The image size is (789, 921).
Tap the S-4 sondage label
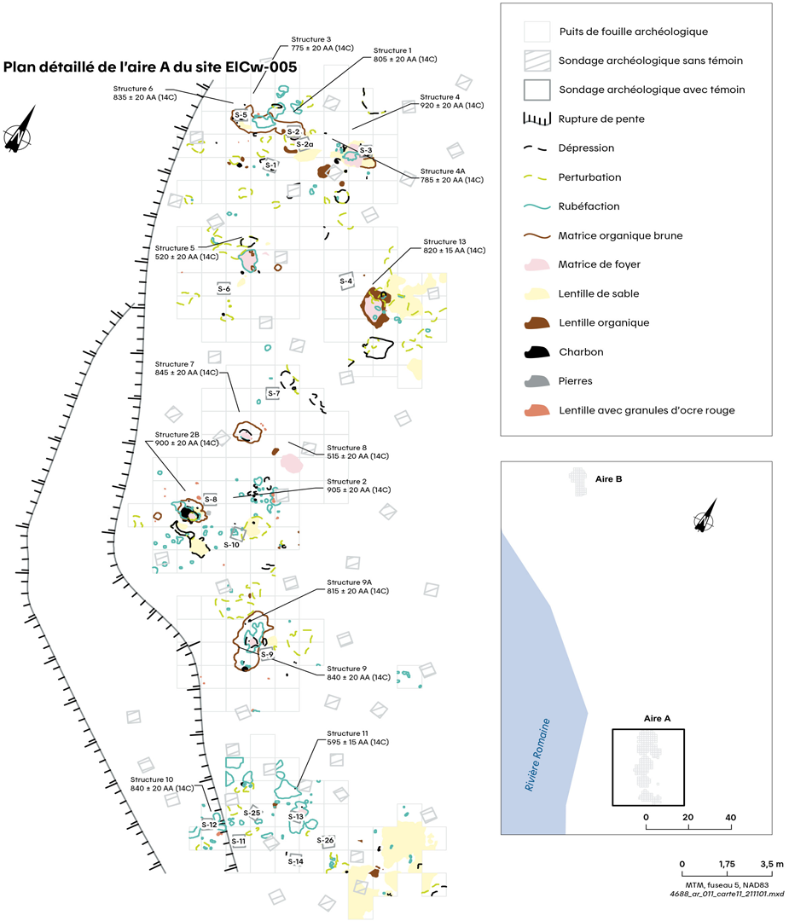pyautogui.click(x=345, y=281)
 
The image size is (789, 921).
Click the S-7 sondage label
pyautogui.click(x=273, y=393)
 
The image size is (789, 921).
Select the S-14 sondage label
pyautogui.click(x=295, y=861)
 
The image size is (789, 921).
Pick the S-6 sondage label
pyautogui.click(x=224, y=289)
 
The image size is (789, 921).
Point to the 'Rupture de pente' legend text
pyautogui.click(x=601, y=119)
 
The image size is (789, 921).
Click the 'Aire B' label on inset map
pyautogui.click(x=613, y=478)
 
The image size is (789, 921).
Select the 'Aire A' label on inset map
pyautogui.click(x=656, y=719)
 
